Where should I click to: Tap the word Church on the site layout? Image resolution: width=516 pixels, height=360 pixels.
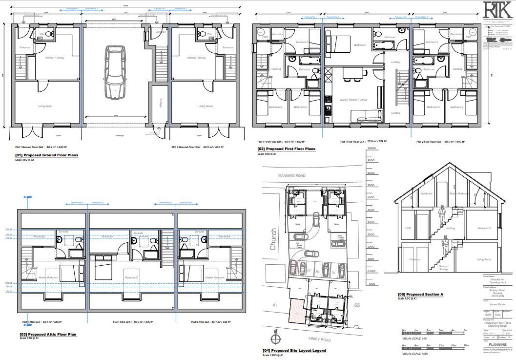coord(273,239)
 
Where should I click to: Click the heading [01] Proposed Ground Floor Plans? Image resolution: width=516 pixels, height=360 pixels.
coord(47,155)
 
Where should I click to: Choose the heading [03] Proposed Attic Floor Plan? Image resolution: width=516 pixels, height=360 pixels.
coord(48,335)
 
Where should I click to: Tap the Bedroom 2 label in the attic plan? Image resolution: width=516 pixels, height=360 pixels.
coord(132,277)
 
